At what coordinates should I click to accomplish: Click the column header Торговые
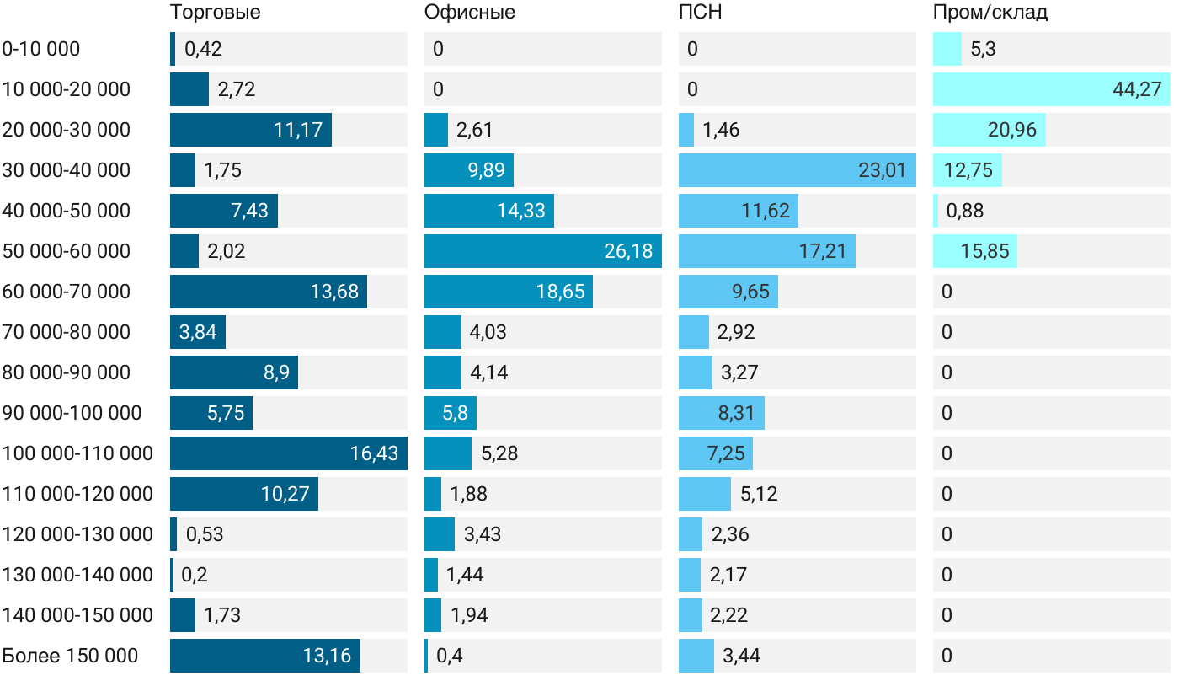click(215, 13)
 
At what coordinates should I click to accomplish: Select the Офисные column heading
click(469, 13)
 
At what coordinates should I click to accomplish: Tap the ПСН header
click(700, 13)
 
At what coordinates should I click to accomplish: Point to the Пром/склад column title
click(990, 13)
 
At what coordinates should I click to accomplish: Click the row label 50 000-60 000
click(67, 251)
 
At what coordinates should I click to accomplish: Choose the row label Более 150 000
click(70, 656)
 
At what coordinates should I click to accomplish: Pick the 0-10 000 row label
click(41, 49)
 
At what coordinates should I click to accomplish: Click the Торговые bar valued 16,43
click(289, 453)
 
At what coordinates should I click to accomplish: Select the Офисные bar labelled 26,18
click(542, 251)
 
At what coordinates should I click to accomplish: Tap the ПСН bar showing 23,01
click(796, 170)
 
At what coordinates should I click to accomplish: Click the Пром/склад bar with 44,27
click(1051, 89)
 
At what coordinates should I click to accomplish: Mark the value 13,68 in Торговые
click(334, 292)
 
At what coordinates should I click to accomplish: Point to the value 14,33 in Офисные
click(521, 211)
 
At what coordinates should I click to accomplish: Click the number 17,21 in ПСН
click(823, 251)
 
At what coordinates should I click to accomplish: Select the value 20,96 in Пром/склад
click(1012, 130)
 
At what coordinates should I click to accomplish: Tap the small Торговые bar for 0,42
click(173, 49)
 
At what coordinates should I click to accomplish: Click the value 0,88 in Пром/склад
click(965, 211)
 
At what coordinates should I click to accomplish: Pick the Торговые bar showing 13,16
click(264, 656)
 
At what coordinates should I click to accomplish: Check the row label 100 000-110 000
click(77, 453)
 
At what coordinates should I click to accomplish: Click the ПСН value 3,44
click(741, 656)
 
